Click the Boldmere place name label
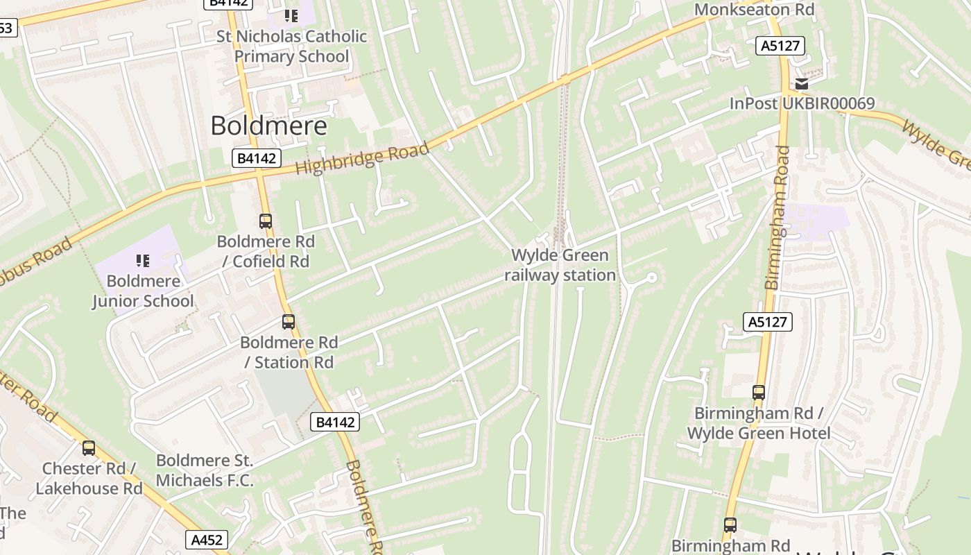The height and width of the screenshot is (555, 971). pos(268,126)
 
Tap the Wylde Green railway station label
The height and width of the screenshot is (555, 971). pos(560,266)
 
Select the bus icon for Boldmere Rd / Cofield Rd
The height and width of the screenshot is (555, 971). pos(266,221)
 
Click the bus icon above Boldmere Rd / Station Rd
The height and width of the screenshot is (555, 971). pos(289,322)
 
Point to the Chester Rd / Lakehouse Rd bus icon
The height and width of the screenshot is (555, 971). pos(89,448)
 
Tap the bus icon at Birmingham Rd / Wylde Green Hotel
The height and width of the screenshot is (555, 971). pos(759,393)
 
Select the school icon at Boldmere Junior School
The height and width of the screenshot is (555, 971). pos(143,261)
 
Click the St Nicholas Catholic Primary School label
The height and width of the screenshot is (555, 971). pos(300,46)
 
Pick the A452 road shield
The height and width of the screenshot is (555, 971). pos(207,540)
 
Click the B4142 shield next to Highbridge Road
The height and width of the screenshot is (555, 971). pos(256,158)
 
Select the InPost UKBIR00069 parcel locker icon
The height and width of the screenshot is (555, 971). pos(802,85)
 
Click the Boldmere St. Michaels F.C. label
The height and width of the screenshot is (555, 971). pos(205,470)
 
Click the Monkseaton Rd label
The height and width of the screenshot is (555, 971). pos(754,10)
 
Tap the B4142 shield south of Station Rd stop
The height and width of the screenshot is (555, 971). pos(335,422)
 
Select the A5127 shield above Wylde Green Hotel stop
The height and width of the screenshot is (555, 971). pos(768,322)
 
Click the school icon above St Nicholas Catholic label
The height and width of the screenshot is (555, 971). pos(291,15)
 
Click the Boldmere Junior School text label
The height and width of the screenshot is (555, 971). pos(143,291)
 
